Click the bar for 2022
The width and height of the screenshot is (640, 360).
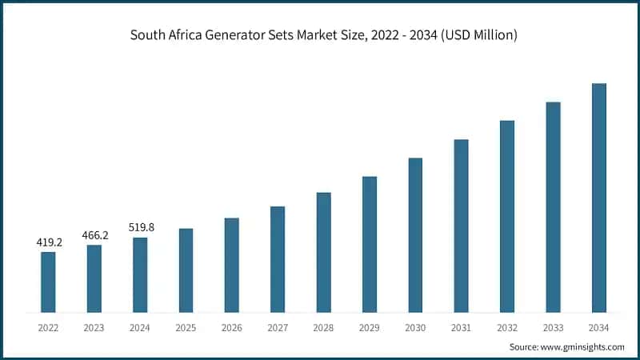[x=48, y=282]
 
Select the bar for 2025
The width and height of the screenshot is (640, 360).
[x=186, y=270]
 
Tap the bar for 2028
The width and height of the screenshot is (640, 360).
[x=323, y=252]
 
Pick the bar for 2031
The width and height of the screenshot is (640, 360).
[x=461, y=226]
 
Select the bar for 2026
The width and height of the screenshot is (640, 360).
[x=231, y=265]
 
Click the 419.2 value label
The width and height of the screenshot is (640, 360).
[x=49, y=242]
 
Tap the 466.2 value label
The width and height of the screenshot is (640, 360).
[x=94, y=234]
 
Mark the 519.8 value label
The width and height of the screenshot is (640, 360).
[x=140, y=227]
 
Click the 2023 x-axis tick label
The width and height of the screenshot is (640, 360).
[x=94, y=327]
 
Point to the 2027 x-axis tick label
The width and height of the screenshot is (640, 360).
[x=278, y=327]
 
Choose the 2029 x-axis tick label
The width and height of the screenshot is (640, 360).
[x=369, y=327]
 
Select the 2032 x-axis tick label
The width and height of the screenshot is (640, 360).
[x=506, y=327]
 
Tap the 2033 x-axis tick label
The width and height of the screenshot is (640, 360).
[x=553, y=327]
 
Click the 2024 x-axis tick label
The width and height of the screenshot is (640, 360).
[x=140, y=327]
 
